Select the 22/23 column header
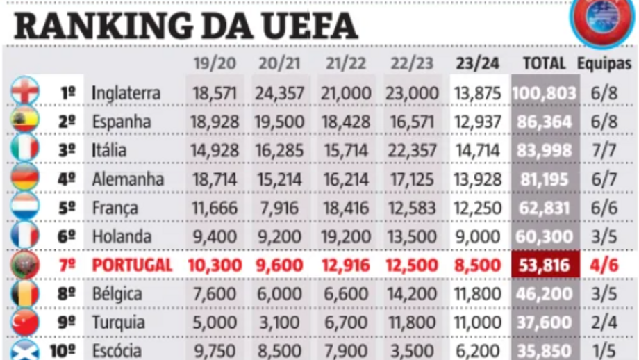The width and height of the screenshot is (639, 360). (412, 64)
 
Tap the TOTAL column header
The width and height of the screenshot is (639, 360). (544, 64)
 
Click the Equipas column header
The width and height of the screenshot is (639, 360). (604, 64)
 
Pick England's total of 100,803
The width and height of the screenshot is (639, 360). (545, 93)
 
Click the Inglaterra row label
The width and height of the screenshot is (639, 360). (126, 93)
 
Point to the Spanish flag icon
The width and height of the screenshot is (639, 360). (25, 121)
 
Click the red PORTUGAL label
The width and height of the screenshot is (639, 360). (132, 265)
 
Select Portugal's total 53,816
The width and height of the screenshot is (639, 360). (545, 265)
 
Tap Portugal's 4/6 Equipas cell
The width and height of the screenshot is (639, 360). (604, 265)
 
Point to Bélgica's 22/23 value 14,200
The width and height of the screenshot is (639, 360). (412, 294)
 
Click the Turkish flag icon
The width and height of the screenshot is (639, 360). (25, 322)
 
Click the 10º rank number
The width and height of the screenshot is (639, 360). (63, 350)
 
